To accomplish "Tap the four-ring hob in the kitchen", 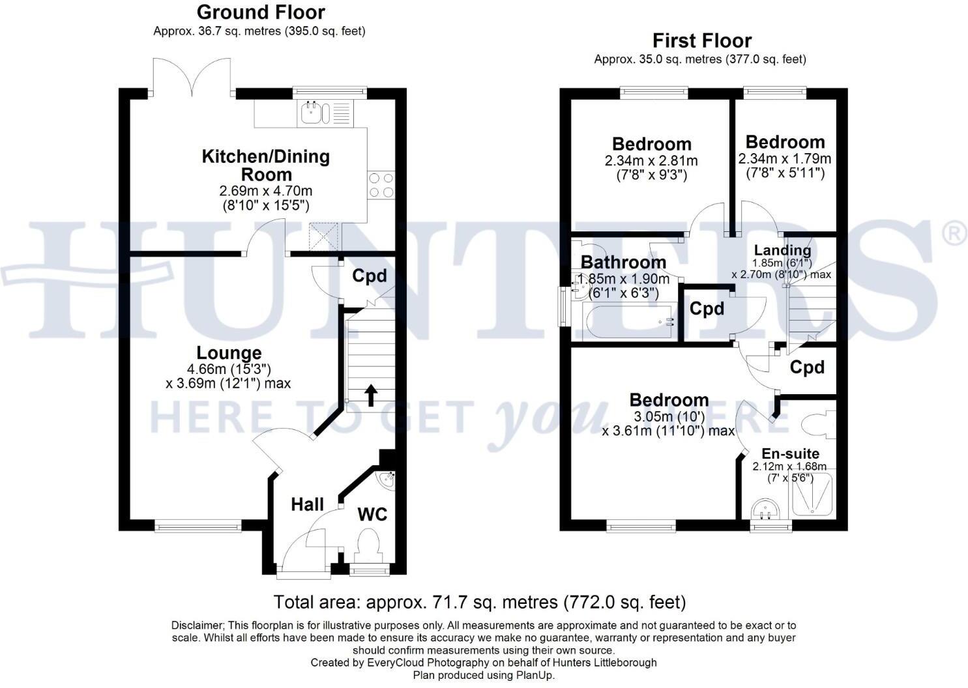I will click(381, 185).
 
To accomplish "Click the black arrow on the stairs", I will click(370, 395).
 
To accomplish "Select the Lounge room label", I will click(229, 353).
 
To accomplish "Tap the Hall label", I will click(307, 504).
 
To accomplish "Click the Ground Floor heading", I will click(260, 12).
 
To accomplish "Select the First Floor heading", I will click(701, 41).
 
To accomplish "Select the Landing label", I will click(782, 250).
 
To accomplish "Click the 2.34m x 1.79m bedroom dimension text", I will click(784, 159).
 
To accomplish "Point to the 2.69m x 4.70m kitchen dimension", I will click(266, 191).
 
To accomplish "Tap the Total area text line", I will click(479, 601).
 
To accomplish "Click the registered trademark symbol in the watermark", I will click(954, 233).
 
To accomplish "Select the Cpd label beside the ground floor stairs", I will click(369, 276).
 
